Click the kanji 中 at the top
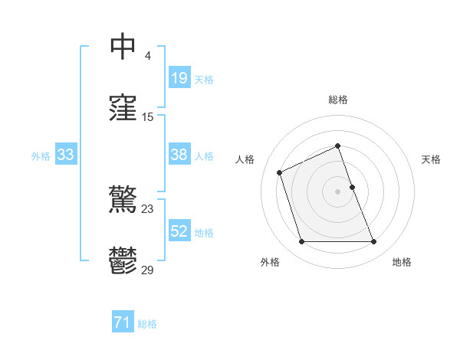(123, 47)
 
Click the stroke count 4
(148, 56)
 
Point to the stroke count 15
(148, 117)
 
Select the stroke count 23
(148, 208)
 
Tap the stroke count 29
(148, 270)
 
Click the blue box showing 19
(179, 78)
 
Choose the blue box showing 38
(179, 155)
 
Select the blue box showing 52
(179, 231)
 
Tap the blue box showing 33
(65, 155)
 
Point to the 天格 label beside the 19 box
(203, 80)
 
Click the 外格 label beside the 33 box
(41, 156)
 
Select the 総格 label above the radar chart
(338, 100)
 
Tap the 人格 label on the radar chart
(245, 159)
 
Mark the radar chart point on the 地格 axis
(373, 242)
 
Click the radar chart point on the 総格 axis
(338, 146)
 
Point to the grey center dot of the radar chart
(338, 191)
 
